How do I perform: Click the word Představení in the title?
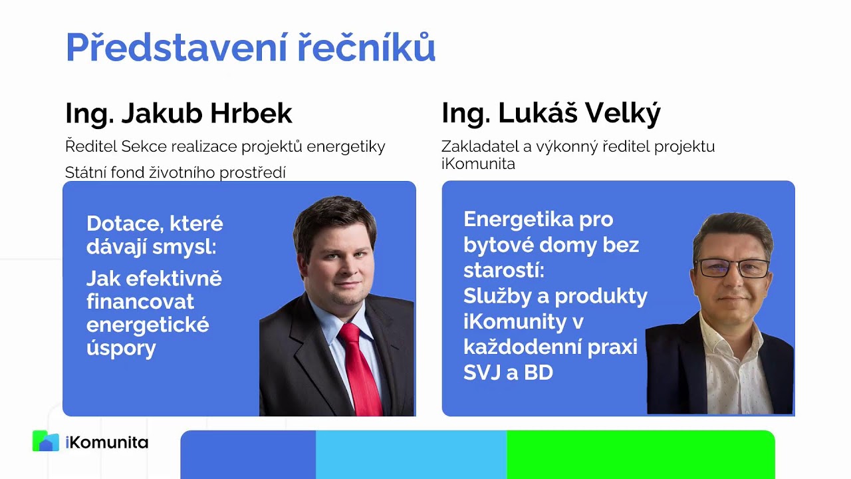pos(169,48)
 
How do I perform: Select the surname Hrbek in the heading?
pos(251,114)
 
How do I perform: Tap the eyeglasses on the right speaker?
pos(731,268)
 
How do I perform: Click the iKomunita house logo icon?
pos(45,441)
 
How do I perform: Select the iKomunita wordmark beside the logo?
pos(107,442)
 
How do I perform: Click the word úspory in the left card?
pos(121,348)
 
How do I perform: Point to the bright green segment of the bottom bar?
pos(640,455)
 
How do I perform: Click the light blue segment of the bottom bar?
pos(411,455)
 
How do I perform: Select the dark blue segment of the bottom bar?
pos(248,455)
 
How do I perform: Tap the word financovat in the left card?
pos(140,302)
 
